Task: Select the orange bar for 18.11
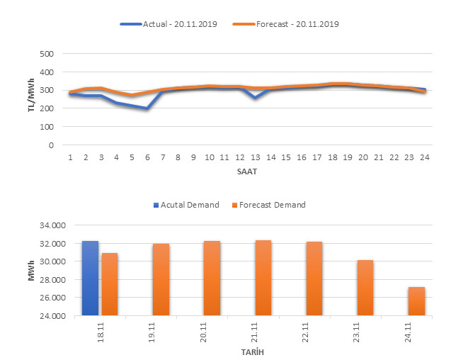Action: point(109,284)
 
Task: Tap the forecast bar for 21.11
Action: point(263,278)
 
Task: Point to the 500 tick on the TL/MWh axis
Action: point(47,54)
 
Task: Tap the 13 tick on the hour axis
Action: point(255,157)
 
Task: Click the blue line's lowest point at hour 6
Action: point(147,108)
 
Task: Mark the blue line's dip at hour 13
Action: point(255,98)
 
